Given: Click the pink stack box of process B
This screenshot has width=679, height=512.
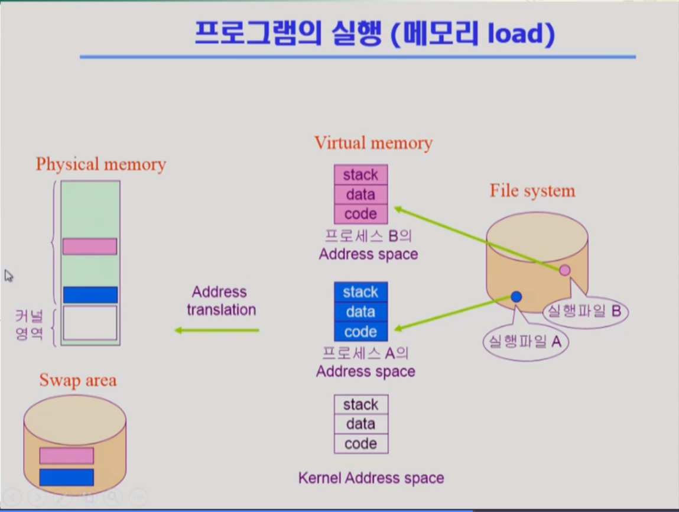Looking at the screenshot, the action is [x=360, y=174].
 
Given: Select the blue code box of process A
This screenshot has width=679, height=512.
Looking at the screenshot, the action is [x=360, y=332].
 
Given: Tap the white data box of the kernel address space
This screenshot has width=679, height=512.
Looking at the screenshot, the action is [x=360, y=424].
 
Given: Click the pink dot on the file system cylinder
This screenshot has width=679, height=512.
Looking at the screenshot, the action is [x=565, y=270].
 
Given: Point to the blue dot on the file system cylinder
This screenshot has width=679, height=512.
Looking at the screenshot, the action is [x=516, y=297].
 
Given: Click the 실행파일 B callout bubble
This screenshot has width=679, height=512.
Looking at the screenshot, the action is [x=585, y=311].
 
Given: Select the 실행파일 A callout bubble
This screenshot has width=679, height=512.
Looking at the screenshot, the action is [x=525, y=342].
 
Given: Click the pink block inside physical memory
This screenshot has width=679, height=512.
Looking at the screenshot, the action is [x=90, y=247].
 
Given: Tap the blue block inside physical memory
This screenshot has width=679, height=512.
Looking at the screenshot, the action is [x=90, y=294].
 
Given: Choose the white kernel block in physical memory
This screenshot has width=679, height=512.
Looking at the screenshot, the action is [x=90, y=323].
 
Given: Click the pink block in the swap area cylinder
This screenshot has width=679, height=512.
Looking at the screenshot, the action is [x=67, y=456].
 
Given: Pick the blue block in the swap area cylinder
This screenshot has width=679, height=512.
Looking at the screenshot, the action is [x=67, y=477].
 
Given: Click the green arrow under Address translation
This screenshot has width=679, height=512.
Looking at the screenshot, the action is [x=217, y=330].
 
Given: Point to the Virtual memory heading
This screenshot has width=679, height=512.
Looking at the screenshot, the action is [x=373, y=143].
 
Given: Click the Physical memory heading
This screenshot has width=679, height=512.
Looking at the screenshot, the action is [x=101, y=164].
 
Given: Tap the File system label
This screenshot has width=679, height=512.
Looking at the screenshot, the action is [x=532, y=190].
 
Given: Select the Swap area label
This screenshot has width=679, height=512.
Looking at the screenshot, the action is [x=78, y=380].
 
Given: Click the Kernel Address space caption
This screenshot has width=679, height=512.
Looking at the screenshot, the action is [x=371, y=478].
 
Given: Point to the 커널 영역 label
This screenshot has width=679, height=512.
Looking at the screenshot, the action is [x=30, y=325].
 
